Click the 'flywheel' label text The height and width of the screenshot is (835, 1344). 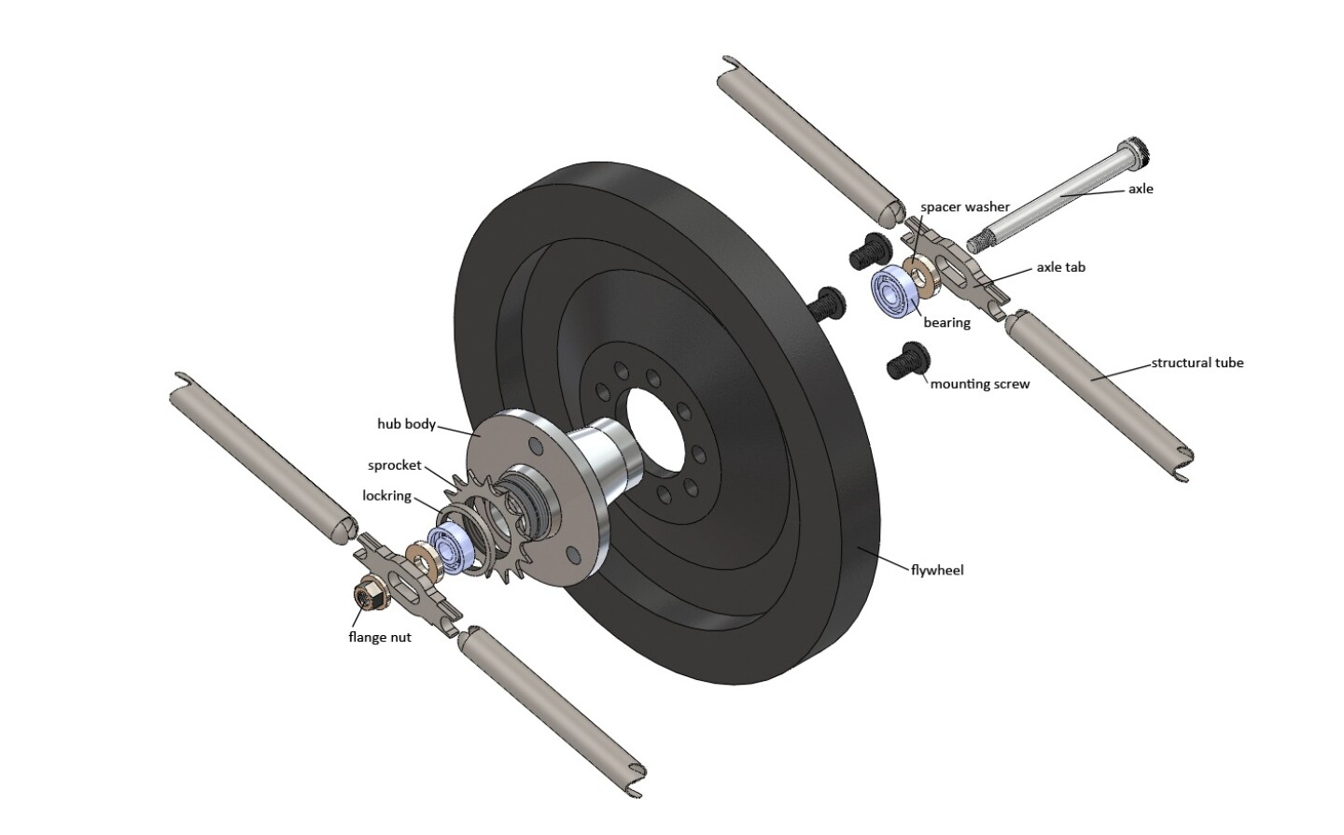(x=937, y=570)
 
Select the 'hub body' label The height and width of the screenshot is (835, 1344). (x=406, y=424)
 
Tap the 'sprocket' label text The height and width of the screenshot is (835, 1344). (x=394, y=465)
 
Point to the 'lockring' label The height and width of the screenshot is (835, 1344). (x=386, y=496)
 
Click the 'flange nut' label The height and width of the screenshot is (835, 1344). (x=379, y=637)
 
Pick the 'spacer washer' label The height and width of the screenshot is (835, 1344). (x=964, y=206)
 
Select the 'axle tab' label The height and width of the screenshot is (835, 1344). (x=1060, y=267)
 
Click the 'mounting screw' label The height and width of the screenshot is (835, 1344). (x=980, y=384)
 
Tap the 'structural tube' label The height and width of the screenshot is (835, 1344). (x=1197, y=362)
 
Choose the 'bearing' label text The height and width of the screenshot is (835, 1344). (x=946, y=323)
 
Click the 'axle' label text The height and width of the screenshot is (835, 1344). (x=1141, y=189)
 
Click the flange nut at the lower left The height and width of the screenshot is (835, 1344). (x=367, y=594)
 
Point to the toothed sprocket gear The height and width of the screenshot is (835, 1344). (x=485, y=523)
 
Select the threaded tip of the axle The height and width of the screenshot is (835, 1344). (x=977, y=243)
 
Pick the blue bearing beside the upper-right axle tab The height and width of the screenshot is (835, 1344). (x=892, y=292)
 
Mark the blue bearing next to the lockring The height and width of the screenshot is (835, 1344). (x=447, y=549)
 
